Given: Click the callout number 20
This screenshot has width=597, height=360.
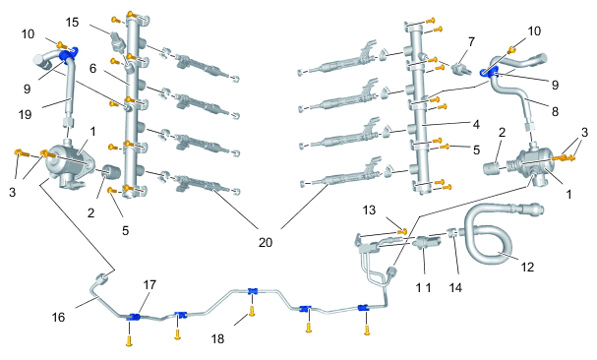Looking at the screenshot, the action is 266,242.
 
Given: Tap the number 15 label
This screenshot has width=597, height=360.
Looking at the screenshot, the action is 72,22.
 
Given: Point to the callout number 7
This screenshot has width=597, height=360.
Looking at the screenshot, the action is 472,41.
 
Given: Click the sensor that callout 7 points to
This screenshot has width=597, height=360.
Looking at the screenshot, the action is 459,69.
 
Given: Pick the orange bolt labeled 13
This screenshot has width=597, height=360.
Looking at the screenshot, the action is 402,230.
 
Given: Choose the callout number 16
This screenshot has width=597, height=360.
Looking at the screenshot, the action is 58,317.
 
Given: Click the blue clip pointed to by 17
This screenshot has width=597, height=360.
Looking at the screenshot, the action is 133,317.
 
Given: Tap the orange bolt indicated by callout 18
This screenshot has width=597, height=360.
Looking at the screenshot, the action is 252,311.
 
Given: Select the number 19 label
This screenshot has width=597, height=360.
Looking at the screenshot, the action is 26,114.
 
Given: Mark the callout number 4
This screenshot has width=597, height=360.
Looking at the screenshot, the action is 476,124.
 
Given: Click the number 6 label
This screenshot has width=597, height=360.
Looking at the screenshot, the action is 92,69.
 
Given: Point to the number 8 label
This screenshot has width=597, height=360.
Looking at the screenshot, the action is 555,111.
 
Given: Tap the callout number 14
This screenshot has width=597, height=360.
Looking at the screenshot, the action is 455,287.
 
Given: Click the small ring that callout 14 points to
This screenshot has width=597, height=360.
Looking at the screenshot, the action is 450,232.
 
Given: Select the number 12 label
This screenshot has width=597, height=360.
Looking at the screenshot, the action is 527,267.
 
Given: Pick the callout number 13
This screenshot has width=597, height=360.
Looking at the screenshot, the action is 369,210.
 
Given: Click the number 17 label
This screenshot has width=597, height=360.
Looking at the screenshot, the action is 149,284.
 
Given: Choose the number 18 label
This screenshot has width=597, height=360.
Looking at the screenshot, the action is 217,338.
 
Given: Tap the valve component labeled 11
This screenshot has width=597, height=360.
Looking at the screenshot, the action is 427,242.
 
